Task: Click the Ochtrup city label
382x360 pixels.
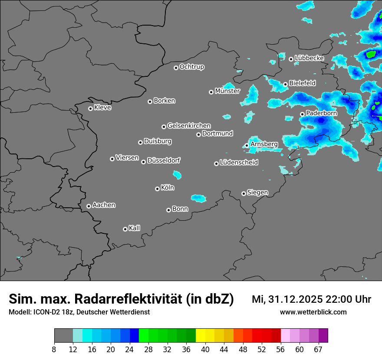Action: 191,67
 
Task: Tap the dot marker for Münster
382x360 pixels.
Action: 211,92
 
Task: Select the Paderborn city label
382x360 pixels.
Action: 321,113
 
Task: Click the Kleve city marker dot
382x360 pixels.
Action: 90,108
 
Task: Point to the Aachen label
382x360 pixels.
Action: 104,205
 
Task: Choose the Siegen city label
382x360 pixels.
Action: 257,193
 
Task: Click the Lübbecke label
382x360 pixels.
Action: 309,58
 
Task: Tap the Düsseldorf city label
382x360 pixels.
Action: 164,160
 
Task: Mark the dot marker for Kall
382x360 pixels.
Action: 125,229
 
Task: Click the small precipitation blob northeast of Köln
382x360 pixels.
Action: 177,175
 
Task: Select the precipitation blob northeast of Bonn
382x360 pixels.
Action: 199,198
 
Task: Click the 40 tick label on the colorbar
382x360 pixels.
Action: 205,349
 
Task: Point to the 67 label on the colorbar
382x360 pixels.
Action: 318,349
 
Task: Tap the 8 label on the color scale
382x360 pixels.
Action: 54,349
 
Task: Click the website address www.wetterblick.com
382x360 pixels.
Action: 313,312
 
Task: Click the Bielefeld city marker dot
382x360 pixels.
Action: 286,84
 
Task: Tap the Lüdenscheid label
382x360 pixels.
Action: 239,163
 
